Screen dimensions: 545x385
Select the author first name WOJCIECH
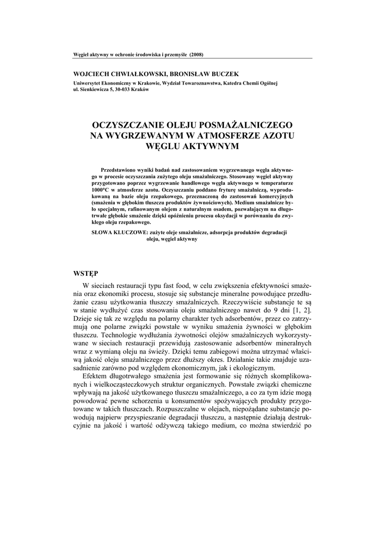point(90,73)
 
